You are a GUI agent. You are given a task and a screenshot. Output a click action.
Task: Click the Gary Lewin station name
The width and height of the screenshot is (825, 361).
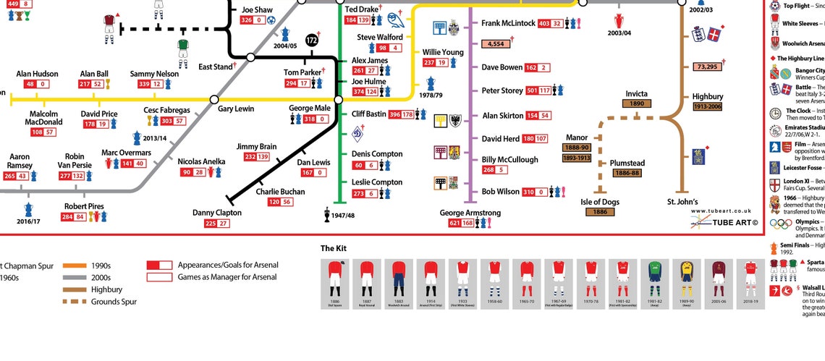236,109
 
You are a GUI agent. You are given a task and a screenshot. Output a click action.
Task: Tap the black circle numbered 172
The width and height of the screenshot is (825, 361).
312,41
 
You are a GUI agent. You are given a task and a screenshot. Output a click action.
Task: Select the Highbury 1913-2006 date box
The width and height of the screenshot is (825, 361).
708,106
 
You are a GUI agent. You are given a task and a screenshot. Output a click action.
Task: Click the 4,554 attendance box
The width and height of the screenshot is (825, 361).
496,44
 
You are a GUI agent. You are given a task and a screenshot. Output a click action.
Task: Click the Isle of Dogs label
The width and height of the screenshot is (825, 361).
600,202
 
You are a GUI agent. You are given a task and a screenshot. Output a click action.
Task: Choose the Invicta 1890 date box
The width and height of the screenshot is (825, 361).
636,103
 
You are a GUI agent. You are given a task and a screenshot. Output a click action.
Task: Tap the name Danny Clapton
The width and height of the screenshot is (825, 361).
216,213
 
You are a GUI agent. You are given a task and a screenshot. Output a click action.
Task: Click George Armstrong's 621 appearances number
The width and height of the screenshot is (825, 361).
454,224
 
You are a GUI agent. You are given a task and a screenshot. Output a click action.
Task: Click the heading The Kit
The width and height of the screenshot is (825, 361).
334,249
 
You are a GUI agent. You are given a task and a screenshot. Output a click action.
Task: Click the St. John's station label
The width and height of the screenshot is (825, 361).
682,202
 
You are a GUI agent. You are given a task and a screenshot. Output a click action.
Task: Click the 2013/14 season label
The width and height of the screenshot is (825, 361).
155,137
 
